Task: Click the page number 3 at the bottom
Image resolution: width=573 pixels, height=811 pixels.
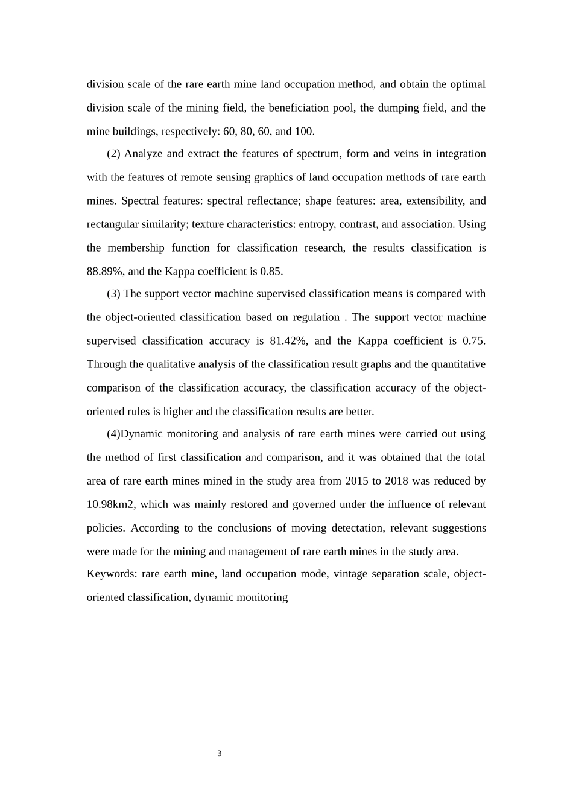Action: coord(220,753)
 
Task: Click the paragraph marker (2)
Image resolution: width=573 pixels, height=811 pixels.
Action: coord(114,153)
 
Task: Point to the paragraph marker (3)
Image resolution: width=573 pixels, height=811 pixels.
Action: coord(114,293)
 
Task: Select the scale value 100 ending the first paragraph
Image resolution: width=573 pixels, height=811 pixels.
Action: coord(304,131)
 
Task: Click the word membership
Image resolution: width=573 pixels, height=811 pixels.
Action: coord(136,247)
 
